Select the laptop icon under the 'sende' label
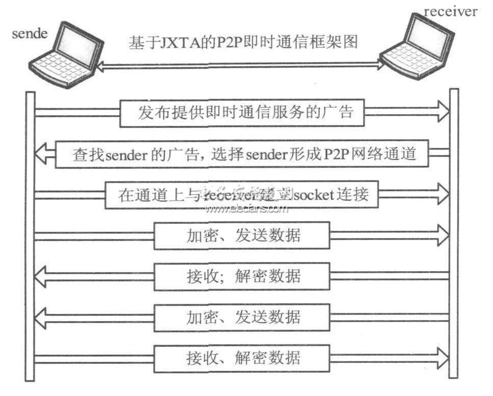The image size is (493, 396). point(61,56)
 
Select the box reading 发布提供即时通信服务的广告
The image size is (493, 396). point(242,113)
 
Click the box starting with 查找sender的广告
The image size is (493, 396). point(242,153)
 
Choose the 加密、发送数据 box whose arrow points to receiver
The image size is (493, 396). point(242,235)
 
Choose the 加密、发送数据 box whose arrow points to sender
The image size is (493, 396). point(242,316)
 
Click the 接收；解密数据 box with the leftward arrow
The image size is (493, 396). point(242,276)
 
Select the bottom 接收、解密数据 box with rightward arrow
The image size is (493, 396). point(242,357)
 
